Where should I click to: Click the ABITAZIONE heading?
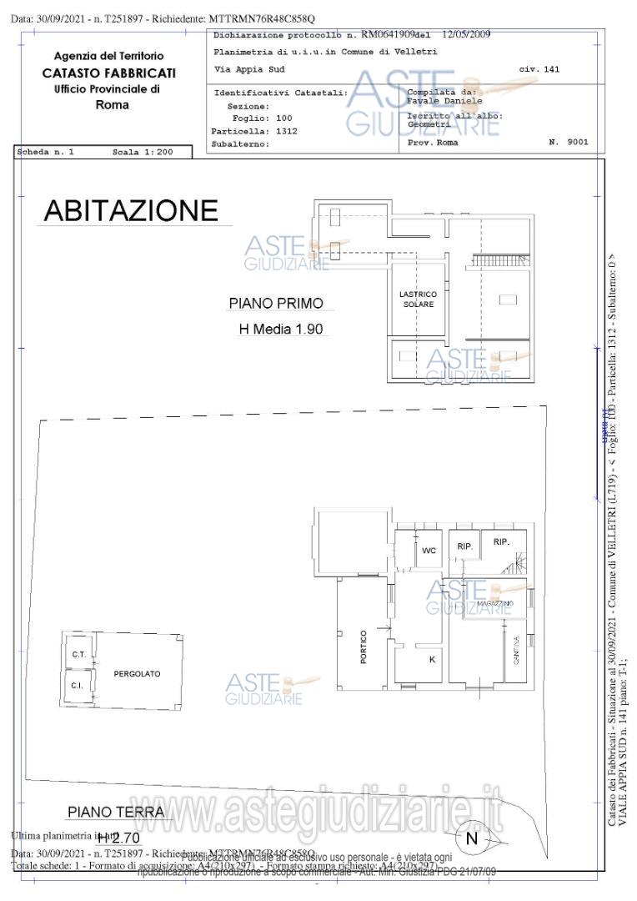(x=130, y=210)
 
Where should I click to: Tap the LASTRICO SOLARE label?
(x=419, y=299)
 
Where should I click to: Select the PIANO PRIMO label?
(x=275, y=304)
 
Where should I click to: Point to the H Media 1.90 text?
(x=280, y=330)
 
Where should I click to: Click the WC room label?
(x=429, y=551)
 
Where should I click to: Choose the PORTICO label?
(x=364, y=652)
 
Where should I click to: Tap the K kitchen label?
(x=432, y=659)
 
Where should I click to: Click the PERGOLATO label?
(x=137, y=673)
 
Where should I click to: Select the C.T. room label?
(x=79, y=654)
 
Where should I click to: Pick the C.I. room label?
(x=76, y=686)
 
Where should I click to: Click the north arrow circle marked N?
(x=472, y=838)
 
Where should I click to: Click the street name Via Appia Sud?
(x=238, y=69)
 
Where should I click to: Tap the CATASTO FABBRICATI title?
(x=108, y=73)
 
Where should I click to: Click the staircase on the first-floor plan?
(x=500, y=261)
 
